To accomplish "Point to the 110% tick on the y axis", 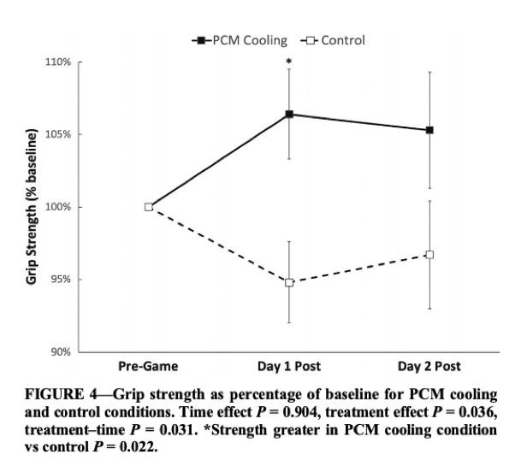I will click(58, 62).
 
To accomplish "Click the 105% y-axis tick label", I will click(58, 135).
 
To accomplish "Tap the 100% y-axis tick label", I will click(58, 207).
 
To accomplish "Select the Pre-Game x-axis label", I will click(149, 367).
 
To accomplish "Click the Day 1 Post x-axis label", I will click(289, 367).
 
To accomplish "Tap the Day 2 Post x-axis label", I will click(429, 367).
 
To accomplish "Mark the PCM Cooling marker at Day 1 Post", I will click(289, 114).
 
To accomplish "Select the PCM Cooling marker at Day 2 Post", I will click(429, 130).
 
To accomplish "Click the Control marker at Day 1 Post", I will click(289, 282).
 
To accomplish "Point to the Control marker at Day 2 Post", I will click(429, 255).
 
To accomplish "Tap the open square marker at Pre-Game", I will click(149, 207).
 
